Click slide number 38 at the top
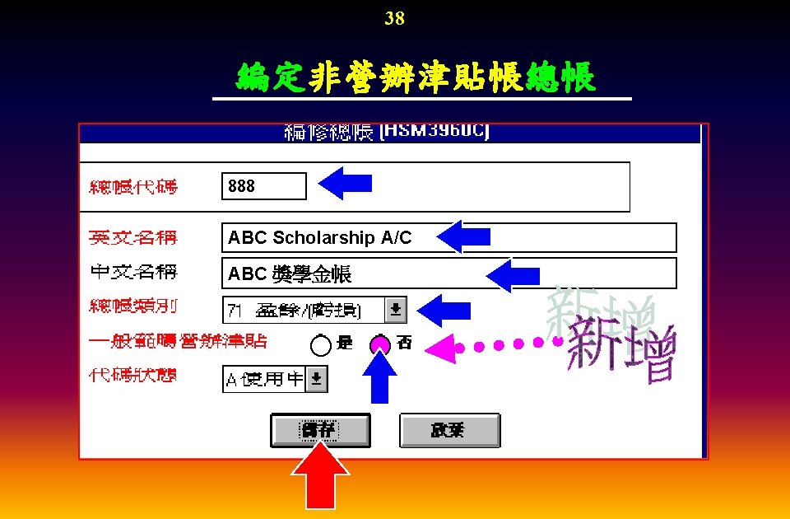click(394, 18)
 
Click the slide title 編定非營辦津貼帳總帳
click(416, 79)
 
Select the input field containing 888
click(264, 186)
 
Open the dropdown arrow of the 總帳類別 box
click(397, 310)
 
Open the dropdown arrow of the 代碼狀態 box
click(317, 379)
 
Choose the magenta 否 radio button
click(380, 344)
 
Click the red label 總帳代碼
click(132, 186)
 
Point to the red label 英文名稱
click(132, 238)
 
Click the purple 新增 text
click(622, 350)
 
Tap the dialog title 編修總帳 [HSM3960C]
click(387, 132)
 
